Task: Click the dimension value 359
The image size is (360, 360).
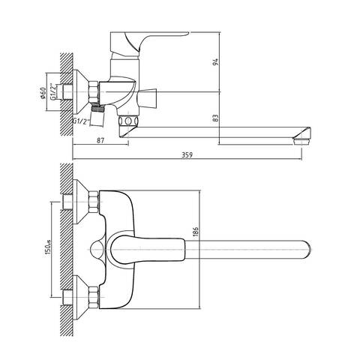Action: pyautogui.click(x=187, y=155)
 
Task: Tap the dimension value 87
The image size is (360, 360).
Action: pyautogui.click(x=100, y=140)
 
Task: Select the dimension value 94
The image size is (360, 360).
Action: pyautogui.click(x=215, y=61)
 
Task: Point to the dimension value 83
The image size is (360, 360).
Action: pyautogui.click(x=215, y=118)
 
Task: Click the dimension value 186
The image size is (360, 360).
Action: pyautogui.click(x=196, y=232)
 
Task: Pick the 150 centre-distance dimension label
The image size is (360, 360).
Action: pyautogui.click(x=48, y=248)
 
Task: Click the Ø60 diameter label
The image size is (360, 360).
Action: pyautogui.click(x=43, y=93)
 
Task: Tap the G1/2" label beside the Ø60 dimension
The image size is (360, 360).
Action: pyautogui.click(x=53, y=91)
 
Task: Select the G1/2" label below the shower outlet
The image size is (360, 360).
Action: pyautogui.click(x=81, y=121)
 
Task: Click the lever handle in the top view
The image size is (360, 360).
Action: pyautogui.click(x=148, y=250)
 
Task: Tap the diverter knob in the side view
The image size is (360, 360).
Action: pyautogui.click(x=148, y=98)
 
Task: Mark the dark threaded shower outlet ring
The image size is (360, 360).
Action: pyautogui.click(x=97, y=109)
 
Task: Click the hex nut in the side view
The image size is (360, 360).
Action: pyautogui.click(x=94, y=91)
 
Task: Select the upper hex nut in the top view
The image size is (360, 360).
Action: pyautogui.click(x=94, y=202)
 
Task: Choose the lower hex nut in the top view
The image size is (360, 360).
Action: pyautogui.click(x=94, y=297)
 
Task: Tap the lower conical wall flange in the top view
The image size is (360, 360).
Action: pyautogui.click(x=80, y=297)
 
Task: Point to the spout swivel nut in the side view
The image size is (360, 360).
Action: pyautogui.click(x=128, y=121)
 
